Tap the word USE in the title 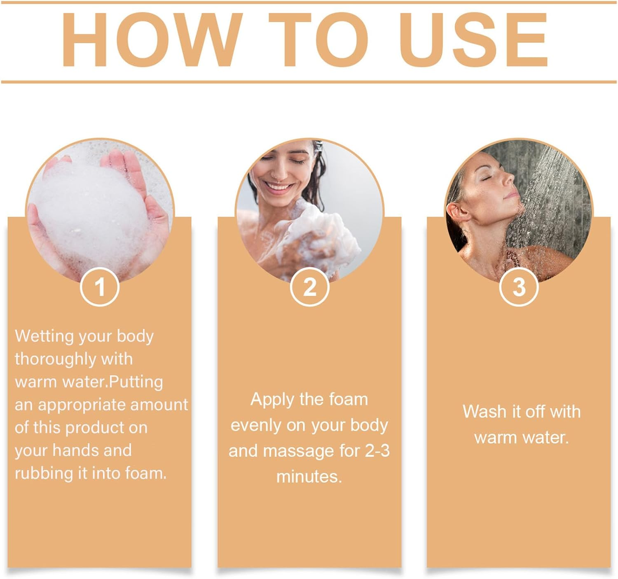point(473,40)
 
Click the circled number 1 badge point(100,286)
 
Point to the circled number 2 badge point(310,286)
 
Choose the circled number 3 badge point(519,286)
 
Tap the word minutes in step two point(309,477)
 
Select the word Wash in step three point(480,412)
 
